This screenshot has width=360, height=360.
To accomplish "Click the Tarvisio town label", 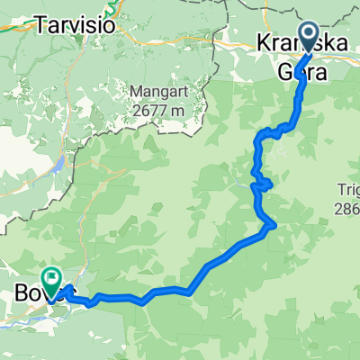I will click(76, 26).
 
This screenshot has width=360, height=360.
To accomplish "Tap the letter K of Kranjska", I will click(261, 43).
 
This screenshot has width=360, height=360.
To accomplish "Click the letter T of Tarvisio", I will click(41, 26).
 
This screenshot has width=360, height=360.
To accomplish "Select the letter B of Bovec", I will click(21, 292).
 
